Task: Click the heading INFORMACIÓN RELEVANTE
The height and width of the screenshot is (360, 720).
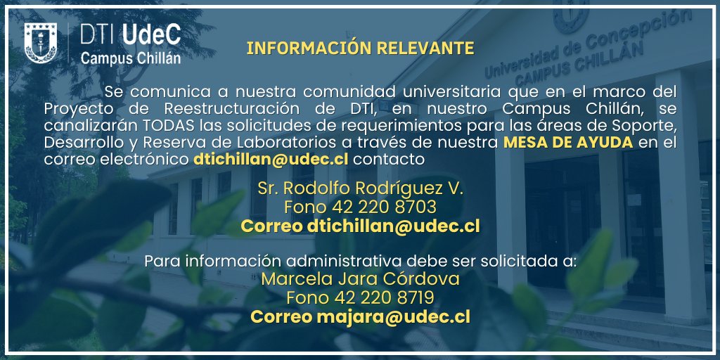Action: [x=360, y=49]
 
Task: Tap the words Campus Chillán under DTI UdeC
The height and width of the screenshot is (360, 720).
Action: [x=131, y=58]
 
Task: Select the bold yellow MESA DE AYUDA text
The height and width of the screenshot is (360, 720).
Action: [x=568, y=143]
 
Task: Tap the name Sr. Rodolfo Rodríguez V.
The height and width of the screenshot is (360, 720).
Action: [x=360, y=190]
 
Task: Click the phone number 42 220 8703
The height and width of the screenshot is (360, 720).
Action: [x=383, y=208]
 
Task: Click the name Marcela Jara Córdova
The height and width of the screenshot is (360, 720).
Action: [x=360, y=279]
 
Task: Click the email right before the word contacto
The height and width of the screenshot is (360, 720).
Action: [x=271, y=160]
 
